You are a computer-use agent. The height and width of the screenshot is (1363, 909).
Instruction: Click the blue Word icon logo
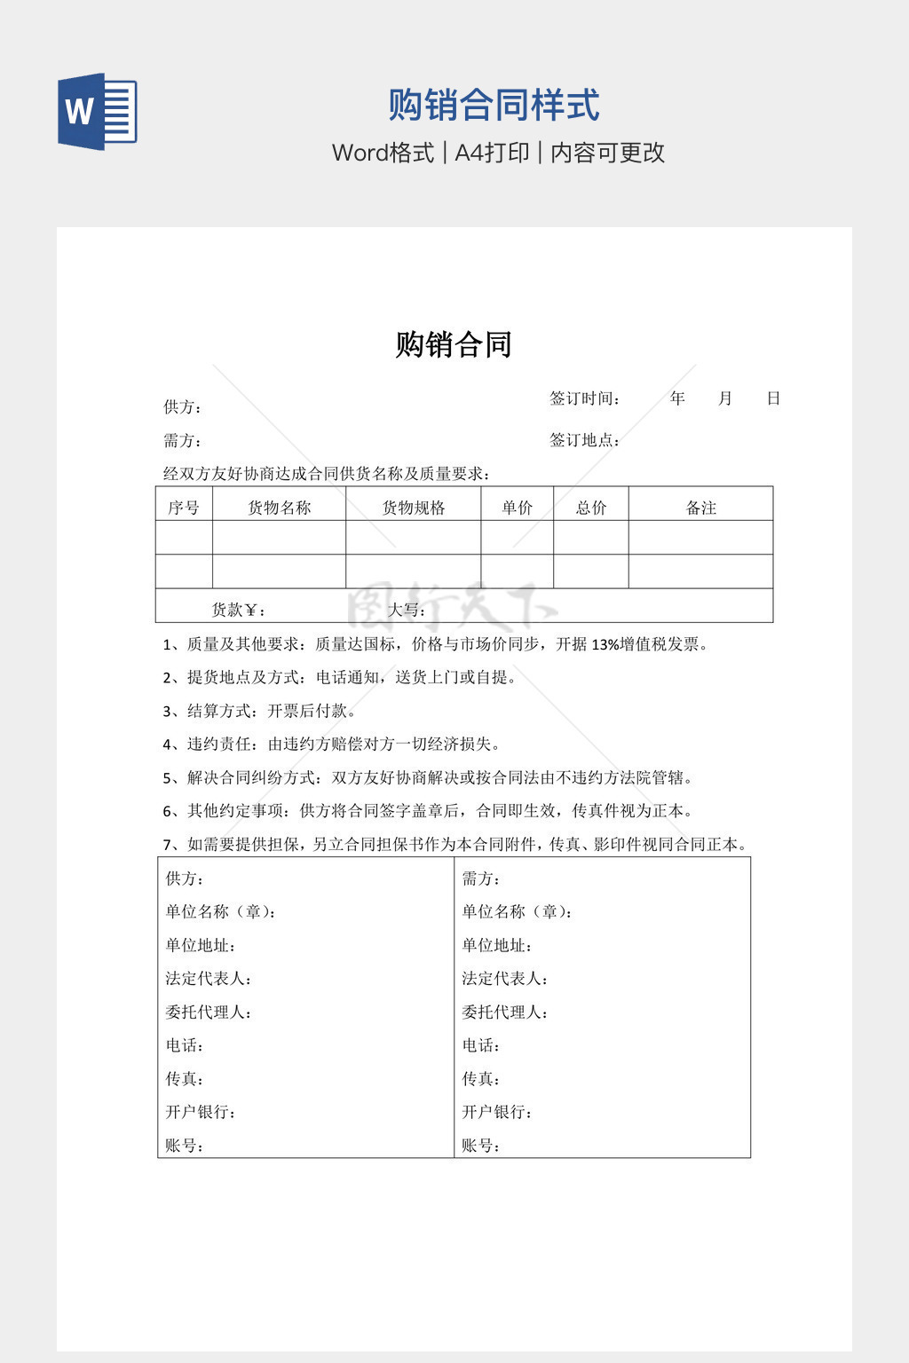pyautogui.click(x=97, y=111)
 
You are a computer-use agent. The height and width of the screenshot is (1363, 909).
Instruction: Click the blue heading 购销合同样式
pyautogui.click(x=494, y=105)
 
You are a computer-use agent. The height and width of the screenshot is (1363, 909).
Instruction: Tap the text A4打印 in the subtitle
pyautogui.click(x=492, y=153)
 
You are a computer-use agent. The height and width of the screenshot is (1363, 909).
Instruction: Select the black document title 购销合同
pyautogui.click(x=454, y=344)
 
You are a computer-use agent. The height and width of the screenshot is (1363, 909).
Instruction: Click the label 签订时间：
pyautogui.click(x=585, y=398)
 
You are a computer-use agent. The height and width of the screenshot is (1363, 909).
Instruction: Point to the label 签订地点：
pyautogui.click(x=585, y=440)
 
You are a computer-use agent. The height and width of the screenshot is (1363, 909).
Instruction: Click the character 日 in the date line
pyautogui.click(x=773, y=398)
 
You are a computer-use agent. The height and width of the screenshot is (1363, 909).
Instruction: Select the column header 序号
pyautogui.click(x=184, y=508)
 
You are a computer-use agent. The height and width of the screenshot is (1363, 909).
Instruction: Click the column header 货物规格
pyautogui.click(x=414, y=508)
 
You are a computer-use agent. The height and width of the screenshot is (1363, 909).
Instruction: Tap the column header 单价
pyautogui.click(x=518, y=508)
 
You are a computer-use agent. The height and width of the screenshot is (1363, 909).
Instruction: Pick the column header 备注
pyautogui.click(x=701, y=508)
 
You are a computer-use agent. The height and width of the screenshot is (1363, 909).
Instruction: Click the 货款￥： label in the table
pyautogui.click(x=238, y=610)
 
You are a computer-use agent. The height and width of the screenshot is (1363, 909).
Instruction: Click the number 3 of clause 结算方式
pyautogui.click(x=167, y=712)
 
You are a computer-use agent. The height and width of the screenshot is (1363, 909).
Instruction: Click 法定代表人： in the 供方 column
pyautogui.click(x=209, y=979)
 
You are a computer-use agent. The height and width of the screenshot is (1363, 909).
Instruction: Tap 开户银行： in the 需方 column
pyautogui.click(x=497, y=1112)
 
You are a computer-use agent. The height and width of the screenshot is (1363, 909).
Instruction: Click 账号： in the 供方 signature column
pyautogui.click(x=185, y=1146)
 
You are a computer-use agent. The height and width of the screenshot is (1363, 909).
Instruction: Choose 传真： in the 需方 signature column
pyautogui.click(x=481, y=1079)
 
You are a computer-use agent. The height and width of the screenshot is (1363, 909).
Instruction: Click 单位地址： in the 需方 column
pyautogui.click(x=497, y=946)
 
